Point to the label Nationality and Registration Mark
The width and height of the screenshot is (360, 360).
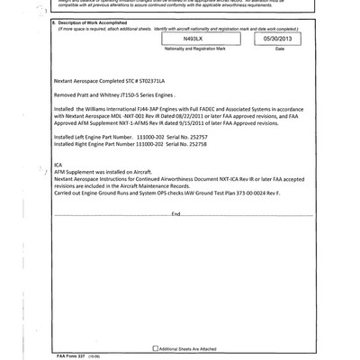(193, 49)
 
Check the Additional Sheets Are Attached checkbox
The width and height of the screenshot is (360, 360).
(155, 347)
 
